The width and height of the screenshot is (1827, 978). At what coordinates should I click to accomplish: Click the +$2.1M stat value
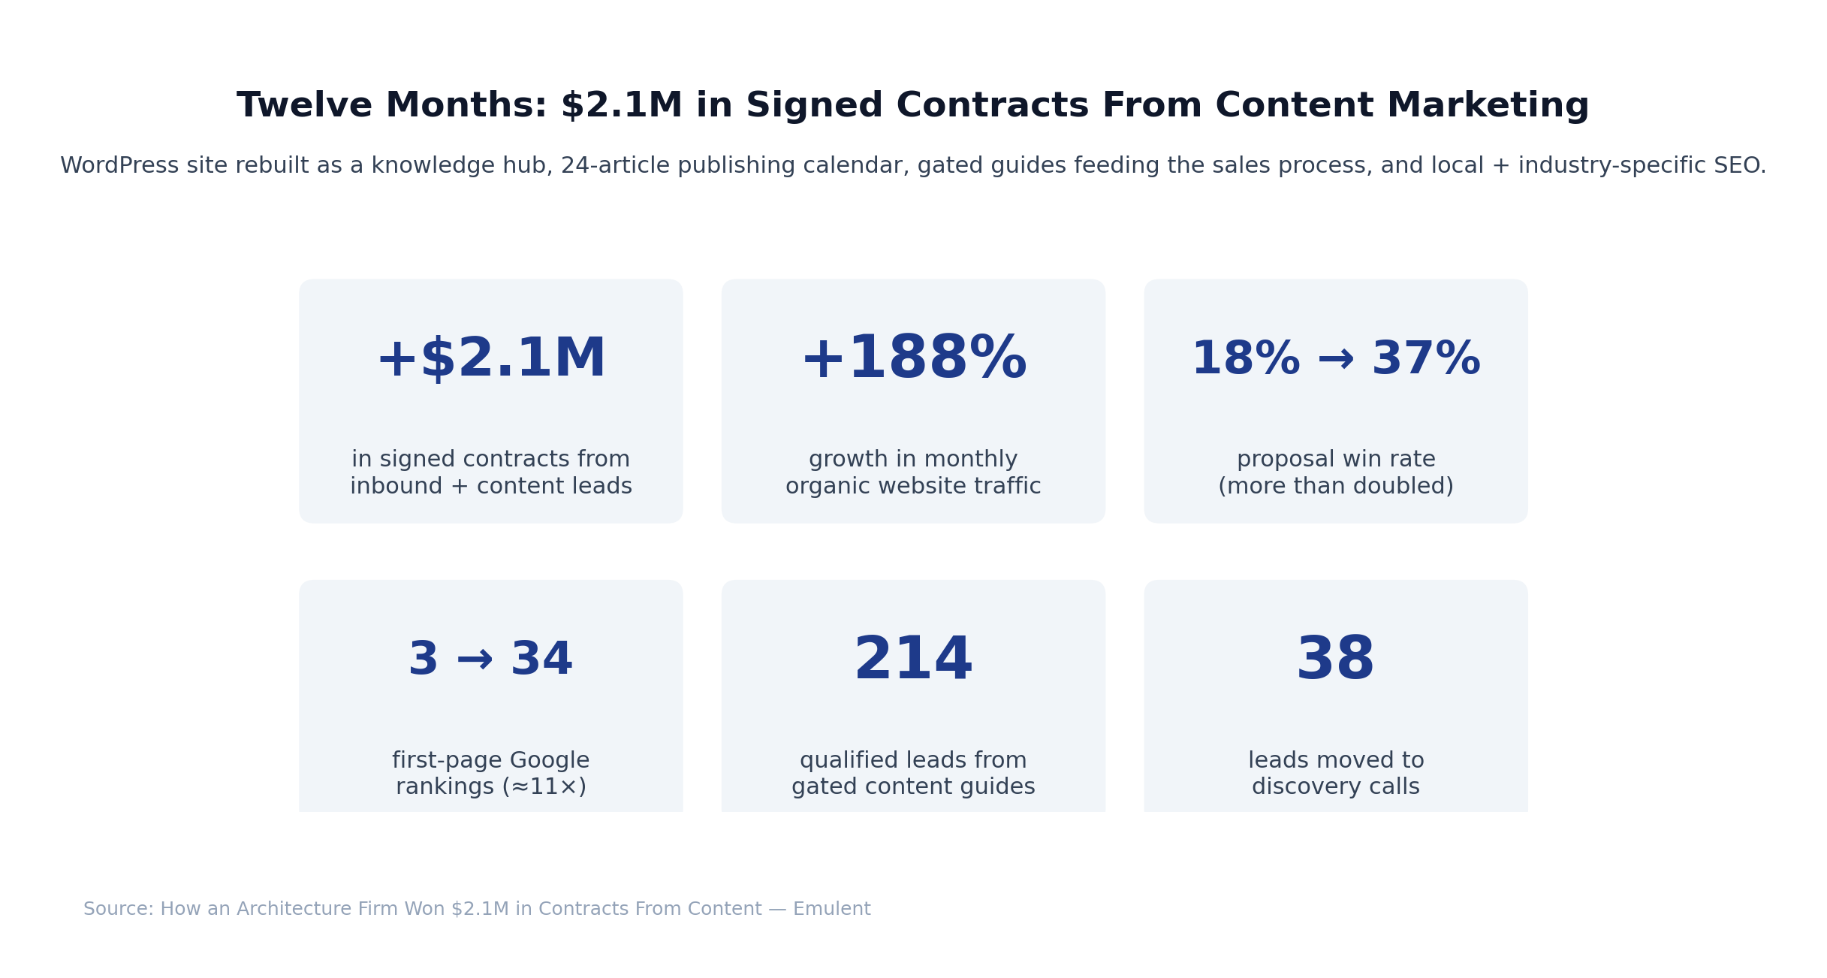[x=490, y=360]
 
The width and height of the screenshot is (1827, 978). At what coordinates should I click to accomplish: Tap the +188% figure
[x=913, y=360]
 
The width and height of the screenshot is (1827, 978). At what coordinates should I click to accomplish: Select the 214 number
[x=913, y=660]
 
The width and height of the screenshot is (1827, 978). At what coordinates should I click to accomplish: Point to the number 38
[x=1335, y=660]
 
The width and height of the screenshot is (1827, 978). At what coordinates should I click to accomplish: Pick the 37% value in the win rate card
[x=1425, y=360]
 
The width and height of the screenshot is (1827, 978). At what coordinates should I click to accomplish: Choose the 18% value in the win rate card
[x=1246, y=360]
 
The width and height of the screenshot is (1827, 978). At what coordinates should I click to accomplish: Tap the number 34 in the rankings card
[x=541, y=660]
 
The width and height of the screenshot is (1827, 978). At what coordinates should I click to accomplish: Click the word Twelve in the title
[x=304, y=106]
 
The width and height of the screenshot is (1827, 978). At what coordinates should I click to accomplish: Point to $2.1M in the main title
[x=622, y=106]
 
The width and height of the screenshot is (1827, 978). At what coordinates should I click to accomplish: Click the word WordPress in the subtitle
[x=119, y=166]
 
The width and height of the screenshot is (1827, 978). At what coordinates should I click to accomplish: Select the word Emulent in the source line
[x=831, y=910]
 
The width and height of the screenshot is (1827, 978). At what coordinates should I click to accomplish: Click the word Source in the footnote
[x=117, y=910]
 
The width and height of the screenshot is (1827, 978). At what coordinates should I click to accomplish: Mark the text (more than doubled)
[x=1335, y=487]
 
